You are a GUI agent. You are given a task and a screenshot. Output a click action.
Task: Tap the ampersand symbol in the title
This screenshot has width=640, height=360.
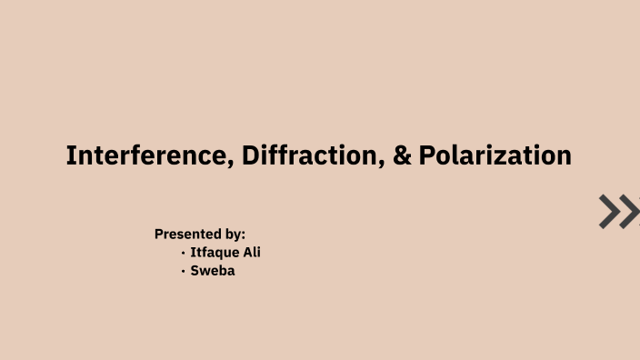[x=402, y=155]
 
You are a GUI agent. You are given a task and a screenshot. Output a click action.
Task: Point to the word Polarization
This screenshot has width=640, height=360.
[x=495, y=155]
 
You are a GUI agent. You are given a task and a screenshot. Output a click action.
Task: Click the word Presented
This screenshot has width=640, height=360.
[x=188, y=234]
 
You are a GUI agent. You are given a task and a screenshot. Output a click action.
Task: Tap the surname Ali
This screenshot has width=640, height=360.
[x=251, y=252]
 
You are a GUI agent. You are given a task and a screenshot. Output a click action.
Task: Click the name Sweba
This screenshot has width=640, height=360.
[x=213, y=270]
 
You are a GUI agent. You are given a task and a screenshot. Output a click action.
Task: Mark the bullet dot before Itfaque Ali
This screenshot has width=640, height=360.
[x=183, y=253]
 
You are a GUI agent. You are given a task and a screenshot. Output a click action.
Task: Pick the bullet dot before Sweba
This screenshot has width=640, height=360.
[x=183, y=271]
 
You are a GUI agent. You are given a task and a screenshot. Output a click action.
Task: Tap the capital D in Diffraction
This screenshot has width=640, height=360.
[x=250, y=155]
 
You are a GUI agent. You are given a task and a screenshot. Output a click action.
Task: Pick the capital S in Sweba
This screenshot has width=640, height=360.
[x=195, y=270]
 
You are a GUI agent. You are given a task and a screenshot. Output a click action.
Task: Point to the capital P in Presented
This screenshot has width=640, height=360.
[x=159, y=234]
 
